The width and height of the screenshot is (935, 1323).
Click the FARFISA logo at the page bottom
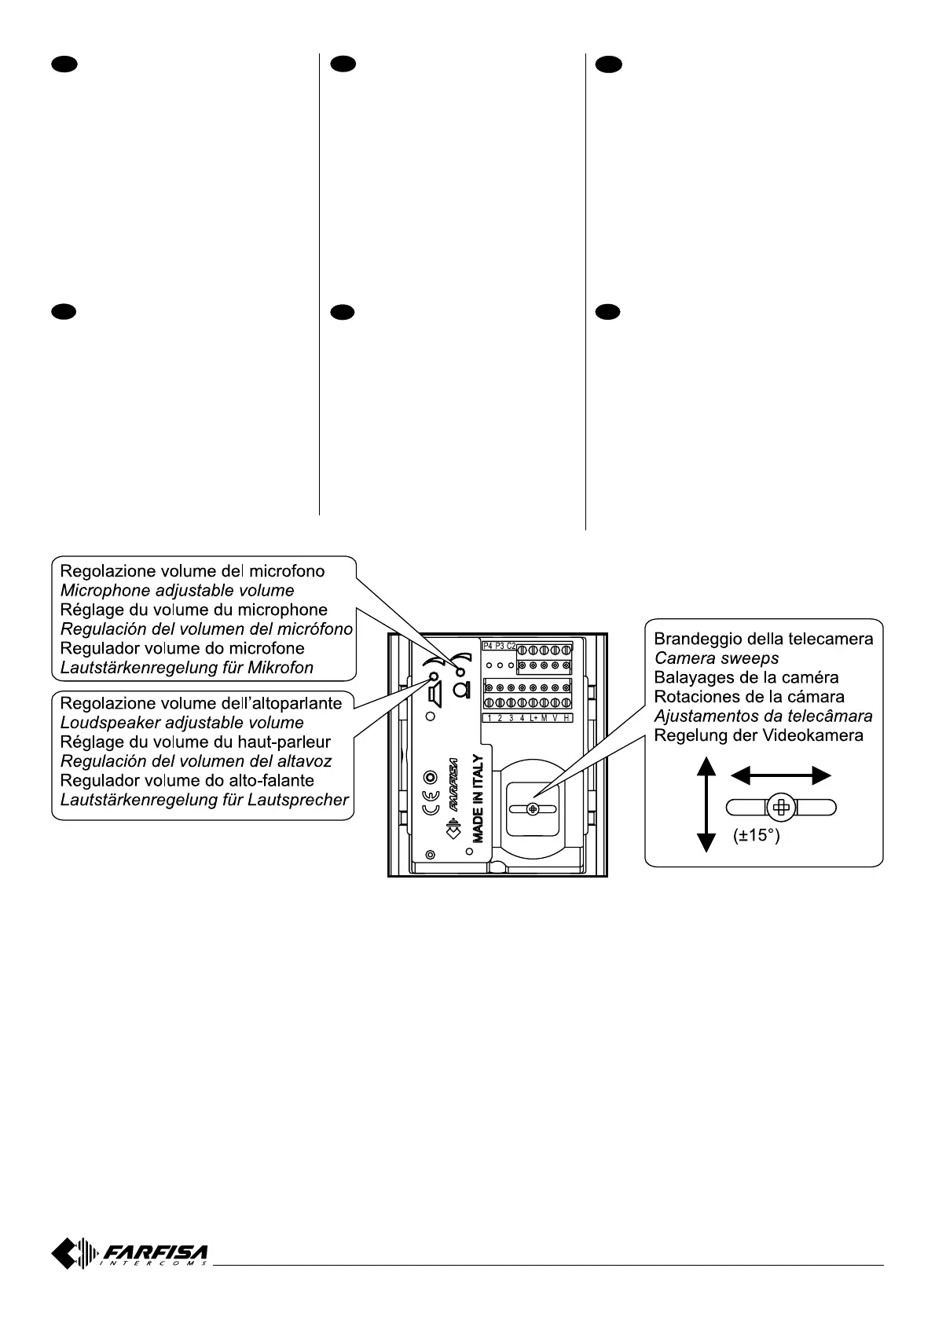pos(130,1252)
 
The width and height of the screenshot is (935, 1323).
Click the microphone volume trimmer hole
pos(461,672)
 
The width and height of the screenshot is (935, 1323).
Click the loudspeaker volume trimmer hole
pos(433,676)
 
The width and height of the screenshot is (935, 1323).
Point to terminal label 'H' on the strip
pos(566,718)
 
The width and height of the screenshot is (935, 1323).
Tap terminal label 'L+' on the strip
pos(533,718)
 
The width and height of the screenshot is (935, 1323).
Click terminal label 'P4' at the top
pos(487,646)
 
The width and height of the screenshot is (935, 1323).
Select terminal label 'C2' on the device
pos(511,646)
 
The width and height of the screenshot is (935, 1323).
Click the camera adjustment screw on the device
pos(533,808)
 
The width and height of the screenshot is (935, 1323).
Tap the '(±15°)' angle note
pos(757,836)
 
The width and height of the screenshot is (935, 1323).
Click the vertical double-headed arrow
pos(706,804)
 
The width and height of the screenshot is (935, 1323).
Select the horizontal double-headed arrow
pos(780,776)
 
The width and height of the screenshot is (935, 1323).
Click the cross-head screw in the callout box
pos(781,807)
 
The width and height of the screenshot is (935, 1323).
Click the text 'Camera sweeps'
pos(716,658)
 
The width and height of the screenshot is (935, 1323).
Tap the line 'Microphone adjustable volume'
pos(178,590)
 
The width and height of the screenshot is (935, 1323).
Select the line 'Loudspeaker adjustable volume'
pos(182,723)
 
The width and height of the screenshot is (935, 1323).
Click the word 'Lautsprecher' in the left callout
pos(302,800)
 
